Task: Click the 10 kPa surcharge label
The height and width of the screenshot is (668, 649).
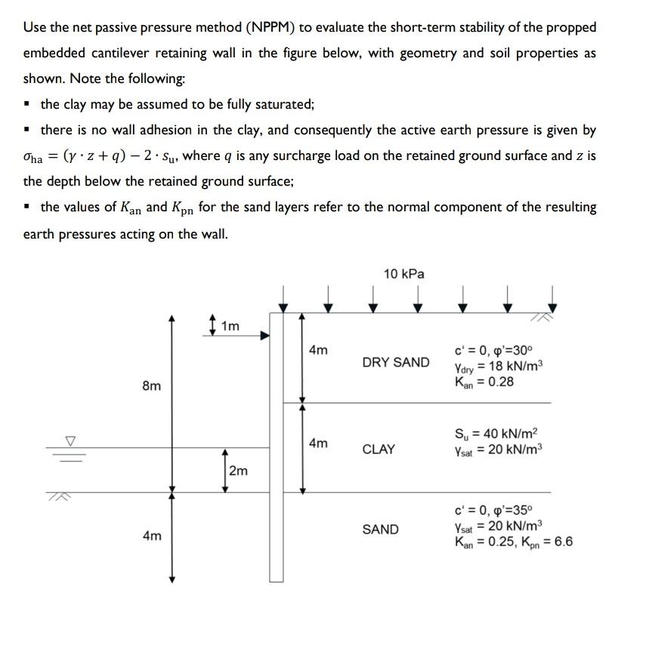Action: click(x=403, y=274)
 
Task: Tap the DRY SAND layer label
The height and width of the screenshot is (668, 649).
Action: click(x=395, y=362)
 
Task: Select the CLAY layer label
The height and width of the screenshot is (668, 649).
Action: click(x=379, y=449)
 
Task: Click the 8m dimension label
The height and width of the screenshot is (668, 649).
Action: click(x=151, y=386)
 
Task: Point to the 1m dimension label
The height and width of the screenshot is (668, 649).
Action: click(x=229, y=326)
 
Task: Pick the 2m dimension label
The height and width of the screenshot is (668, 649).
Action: click(x=237, y=471)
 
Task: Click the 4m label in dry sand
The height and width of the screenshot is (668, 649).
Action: click(x=318, y=350)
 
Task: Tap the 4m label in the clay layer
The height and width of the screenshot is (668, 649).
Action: click(x=318, y=443)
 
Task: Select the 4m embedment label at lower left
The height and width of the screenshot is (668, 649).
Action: click(x=151, y=536)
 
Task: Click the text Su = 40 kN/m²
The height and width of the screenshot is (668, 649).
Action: click(x=496, y=434)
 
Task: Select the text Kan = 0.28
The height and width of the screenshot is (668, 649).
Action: click(x=484, y=382)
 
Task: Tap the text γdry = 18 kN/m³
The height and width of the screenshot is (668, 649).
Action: click(x=498, y=367)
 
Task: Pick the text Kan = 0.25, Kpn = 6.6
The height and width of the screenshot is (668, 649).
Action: click(x=513, y=541)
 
